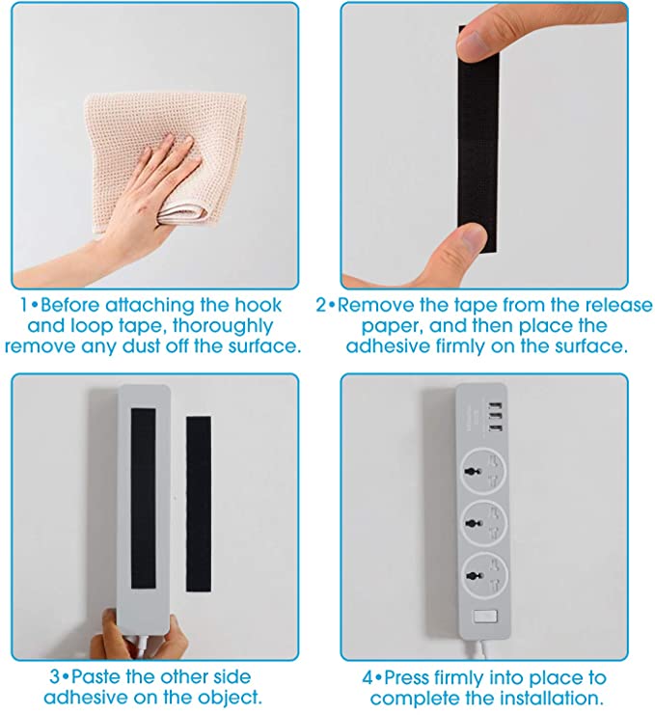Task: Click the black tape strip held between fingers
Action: [478, 139]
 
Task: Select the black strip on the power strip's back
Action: [143, 498]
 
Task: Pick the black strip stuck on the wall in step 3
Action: [199, 504]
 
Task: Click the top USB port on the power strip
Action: [496, 405]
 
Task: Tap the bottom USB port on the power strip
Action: [496, 428]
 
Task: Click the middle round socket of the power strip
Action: [482, 522]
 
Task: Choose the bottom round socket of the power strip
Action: [482, 573]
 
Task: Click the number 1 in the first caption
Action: [24, 305]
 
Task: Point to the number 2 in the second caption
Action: [321, 305]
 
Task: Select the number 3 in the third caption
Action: [54, 676]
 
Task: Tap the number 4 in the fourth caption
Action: [368, 677]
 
